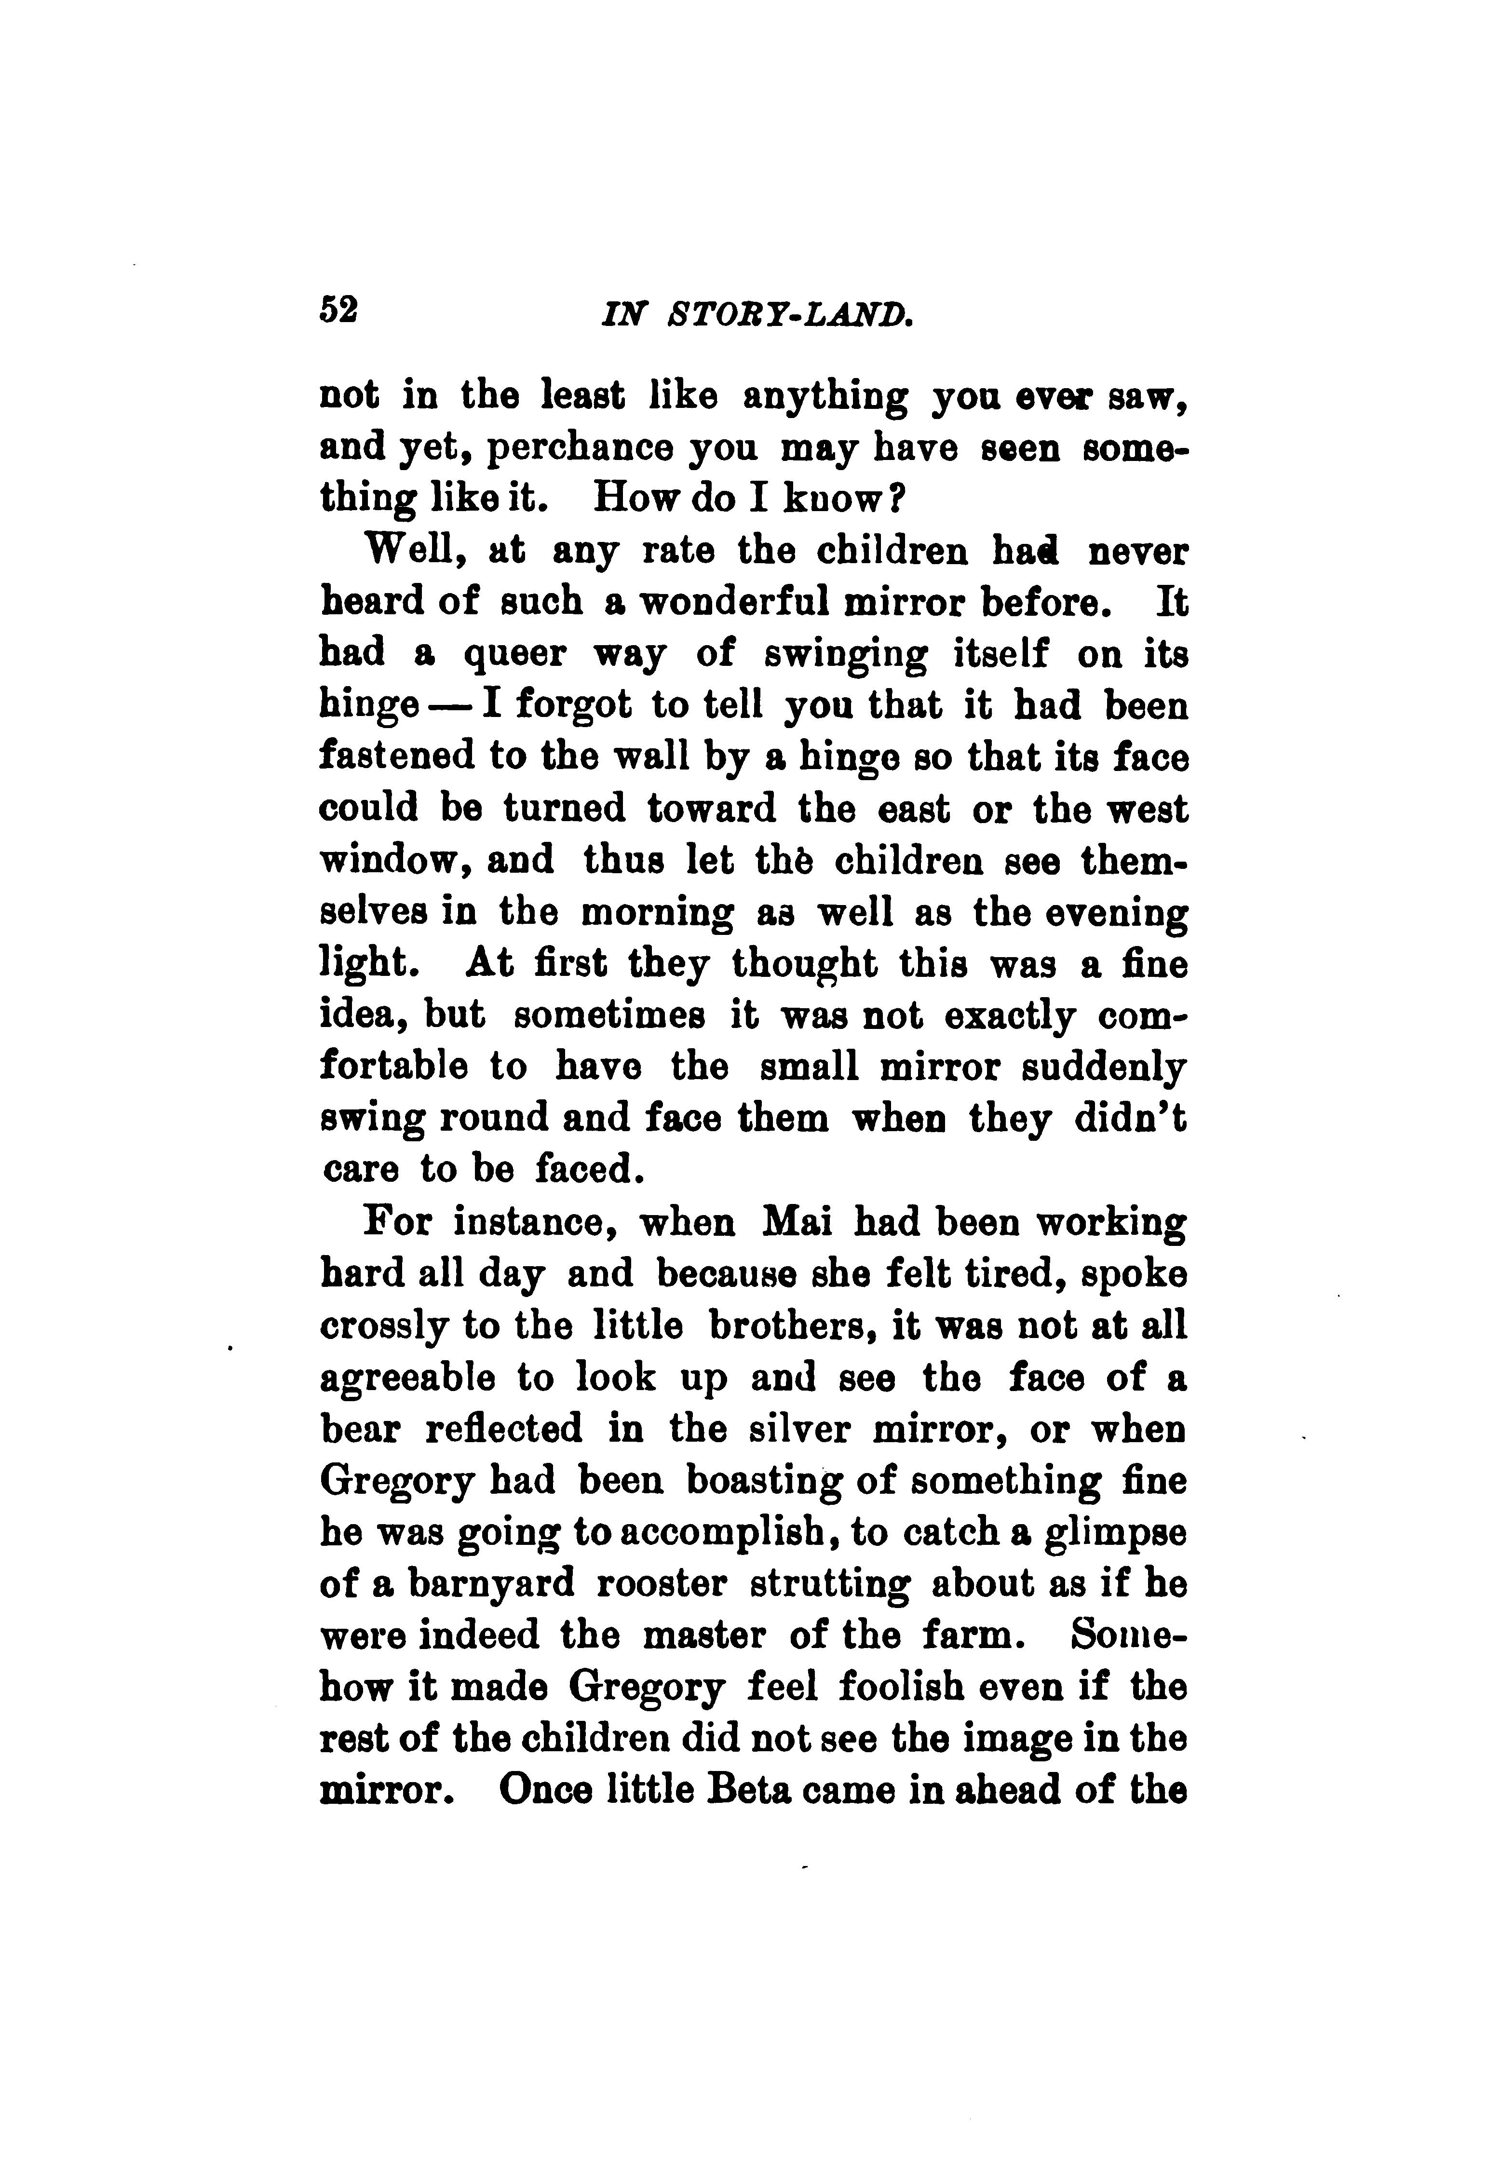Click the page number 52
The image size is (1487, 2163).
coord(338,310)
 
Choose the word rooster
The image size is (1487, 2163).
coord(663,1583)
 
